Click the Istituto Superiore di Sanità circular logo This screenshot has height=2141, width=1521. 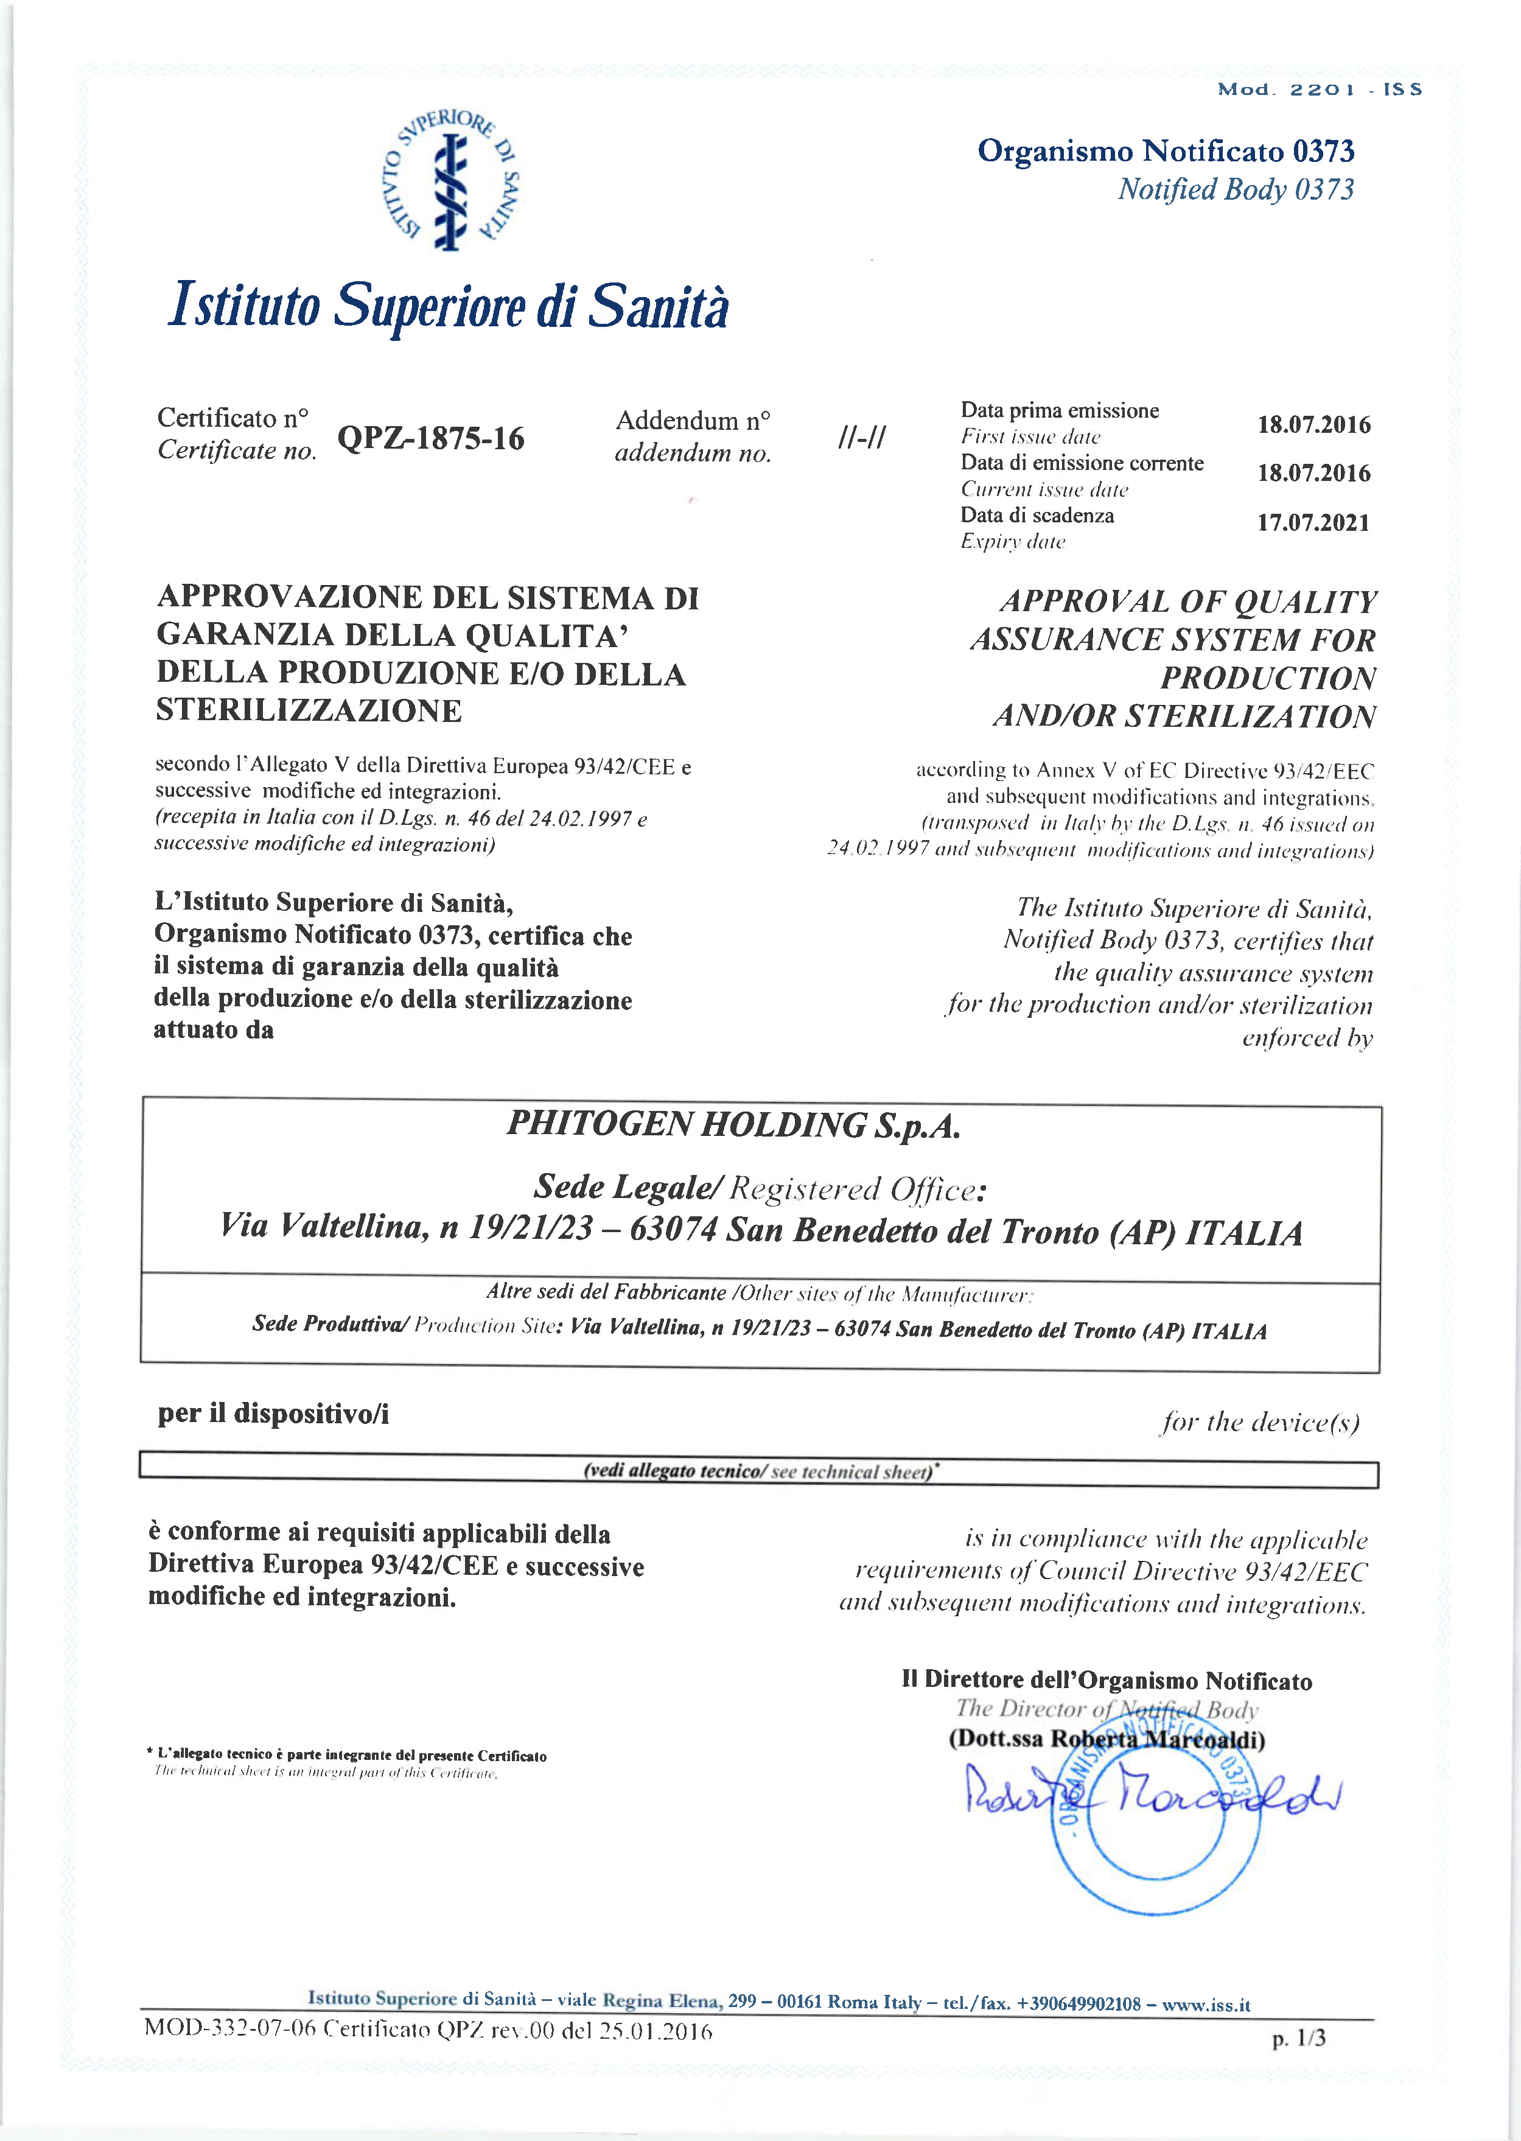point(454,180)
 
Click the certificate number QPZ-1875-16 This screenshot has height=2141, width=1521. point(431,438)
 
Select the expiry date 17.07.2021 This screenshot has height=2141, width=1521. point(1313,522)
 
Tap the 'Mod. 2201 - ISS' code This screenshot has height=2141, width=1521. point(1320,90)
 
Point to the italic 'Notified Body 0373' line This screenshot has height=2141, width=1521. point(1236,189)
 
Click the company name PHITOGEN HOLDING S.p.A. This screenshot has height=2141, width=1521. point(733,1125)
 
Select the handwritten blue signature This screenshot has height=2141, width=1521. point(1153,1793)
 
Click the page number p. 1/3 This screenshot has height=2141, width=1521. point(1299,2038)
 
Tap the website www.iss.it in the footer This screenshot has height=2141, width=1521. point(1206,2005)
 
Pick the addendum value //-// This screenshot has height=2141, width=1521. point(862,437)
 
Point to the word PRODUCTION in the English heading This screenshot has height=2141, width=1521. point(1268,678)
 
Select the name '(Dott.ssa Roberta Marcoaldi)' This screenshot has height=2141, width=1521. point(1107,1739)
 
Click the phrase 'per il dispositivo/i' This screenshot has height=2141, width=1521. point(273,1414)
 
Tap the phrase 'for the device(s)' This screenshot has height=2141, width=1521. point(1261,1423)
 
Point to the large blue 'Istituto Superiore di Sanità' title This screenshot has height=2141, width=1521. point(448,306)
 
